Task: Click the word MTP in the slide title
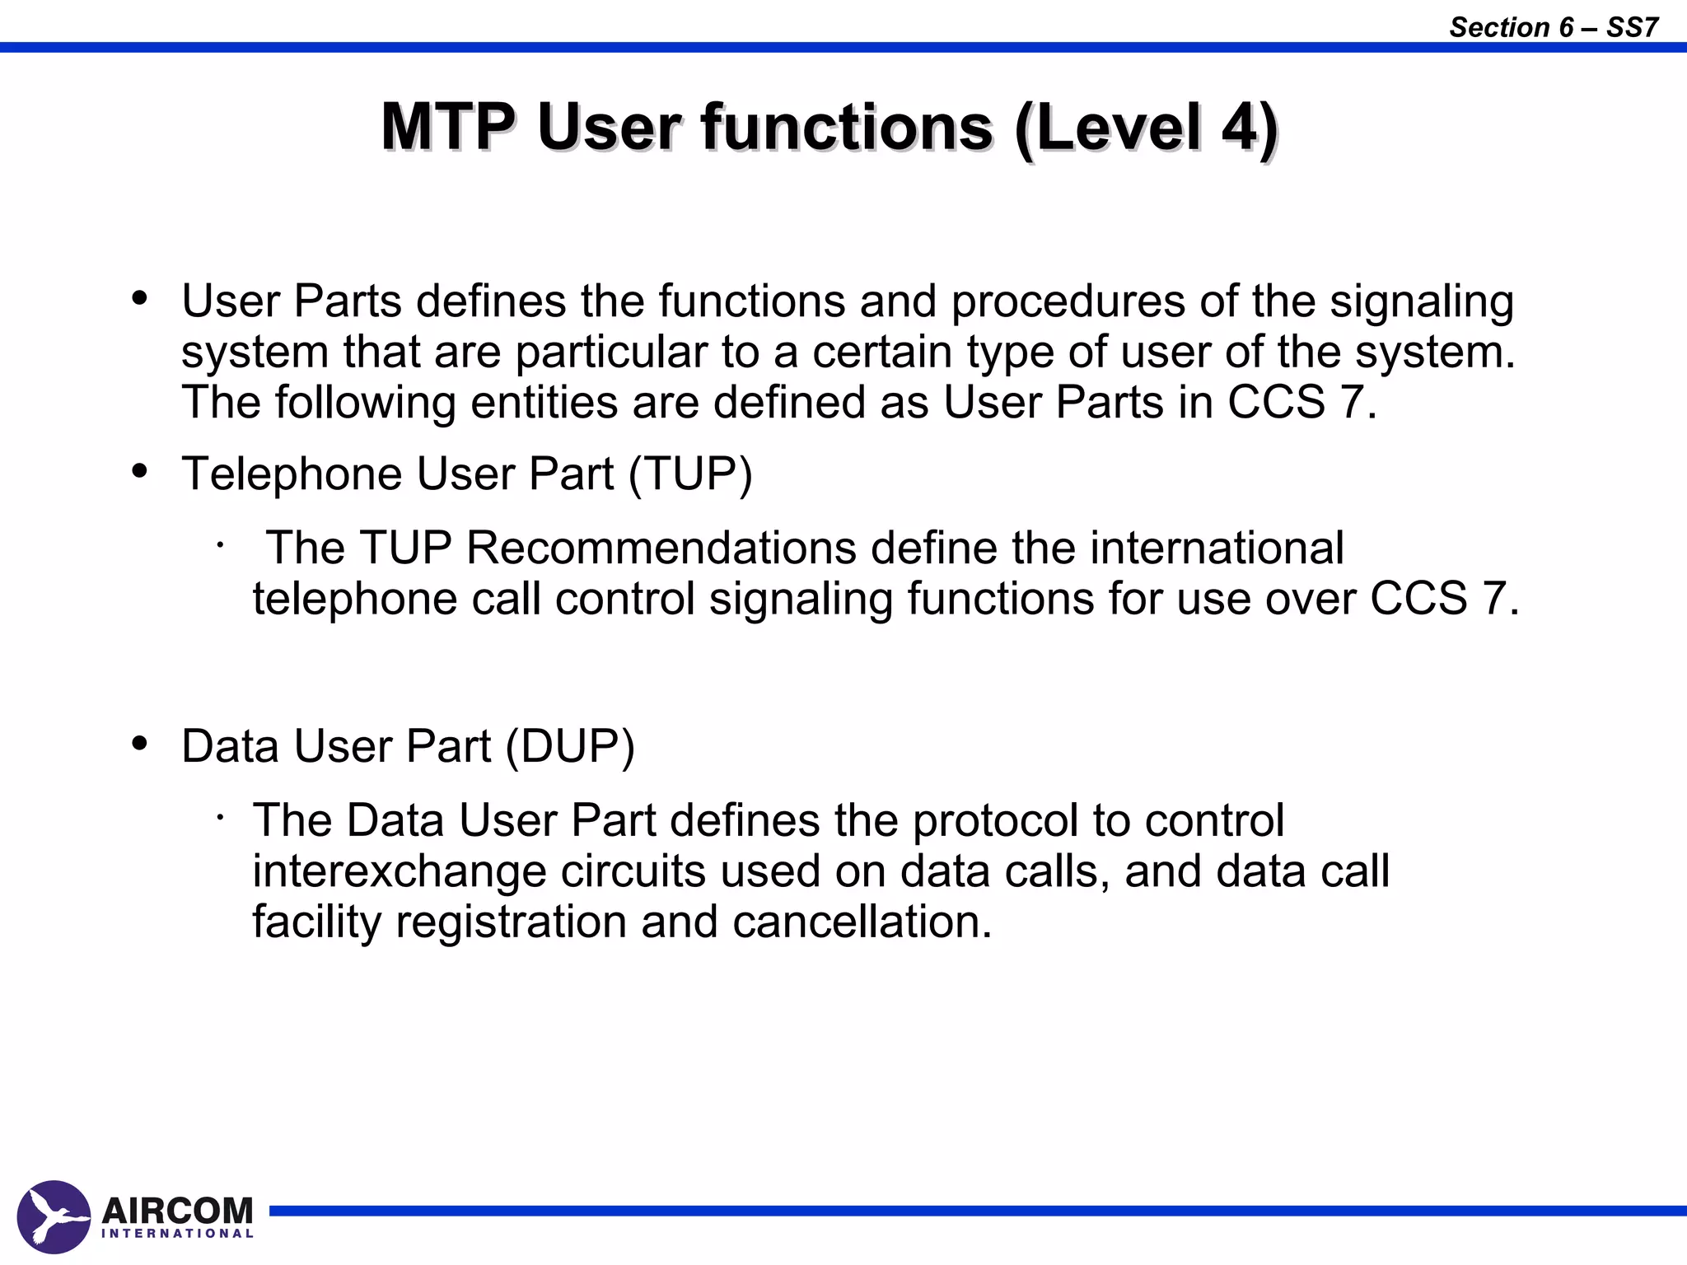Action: tap(448, 128)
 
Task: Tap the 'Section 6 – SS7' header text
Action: tap(1554, 27)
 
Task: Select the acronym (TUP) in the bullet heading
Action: tap(690, 474)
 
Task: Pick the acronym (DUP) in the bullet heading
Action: tap(570, 746)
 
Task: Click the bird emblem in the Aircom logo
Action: tap(54, 1217)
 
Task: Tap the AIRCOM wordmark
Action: tap(177, 1211)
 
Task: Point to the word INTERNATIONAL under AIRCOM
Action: tap(177, 1234)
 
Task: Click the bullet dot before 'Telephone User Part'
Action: tap(140, 472)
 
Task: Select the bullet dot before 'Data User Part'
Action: tap(140, 743)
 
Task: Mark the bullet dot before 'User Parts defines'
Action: tap(140, 298)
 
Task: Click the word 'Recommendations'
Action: tap(661, 548)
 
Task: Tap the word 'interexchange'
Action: tap(399, 871)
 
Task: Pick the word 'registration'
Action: tap(511, 922)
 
